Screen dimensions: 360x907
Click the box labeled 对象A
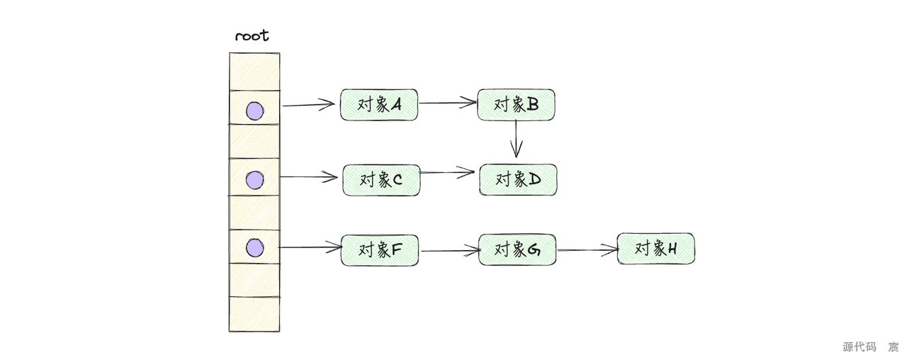(379, 105)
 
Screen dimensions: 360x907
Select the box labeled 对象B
(516, 105)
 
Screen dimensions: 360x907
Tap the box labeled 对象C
(381, 180)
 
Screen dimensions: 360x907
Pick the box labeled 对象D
(518, 180)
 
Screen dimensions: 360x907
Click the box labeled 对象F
(380, 249)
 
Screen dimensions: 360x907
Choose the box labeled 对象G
(517, 249)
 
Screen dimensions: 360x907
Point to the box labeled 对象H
(655, 249)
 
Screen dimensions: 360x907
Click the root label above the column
(252, 36)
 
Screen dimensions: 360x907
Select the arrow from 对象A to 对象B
(447, 103)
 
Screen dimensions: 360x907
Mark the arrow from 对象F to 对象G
(449, 250)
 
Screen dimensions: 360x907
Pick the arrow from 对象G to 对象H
(587, 249)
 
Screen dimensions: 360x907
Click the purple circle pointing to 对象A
(254, 111)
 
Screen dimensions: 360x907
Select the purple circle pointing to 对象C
(254, 180)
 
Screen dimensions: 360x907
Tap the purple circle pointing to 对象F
(254, 247)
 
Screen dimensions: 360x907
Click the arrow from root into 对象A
(308, 106)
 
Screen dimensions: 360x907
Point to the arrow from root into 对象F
(310, 247)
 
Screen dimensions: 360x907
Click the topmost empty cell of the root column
(254, 72)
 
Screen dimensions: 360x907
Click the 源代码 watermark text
(858, 347)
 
